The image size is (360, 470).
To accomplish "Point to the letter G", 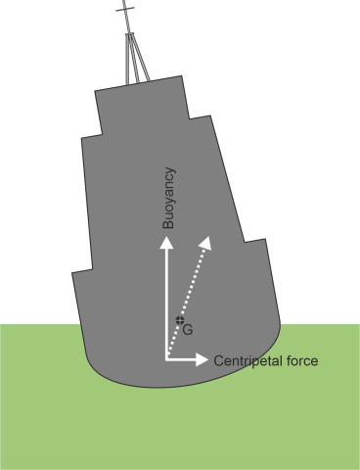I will point(188,331).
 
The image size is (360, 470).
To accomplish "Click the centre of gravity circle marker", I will point(179,322).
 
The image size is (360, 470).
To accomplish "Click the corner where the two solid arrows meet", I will point(167,359).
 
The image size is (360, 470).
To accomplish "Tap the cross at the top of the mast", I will point(123,11).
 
